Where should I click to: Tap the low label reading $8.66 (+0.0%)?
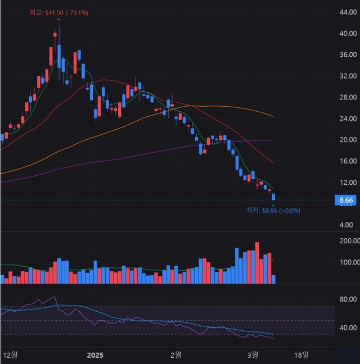click(273, 211)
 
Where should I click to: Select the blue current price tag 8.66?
click(346, 200)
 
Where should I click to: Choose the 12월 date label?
click(10, 355)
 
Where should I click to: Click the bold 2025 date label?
click(95, 355)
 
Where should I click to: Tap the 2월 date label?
click(175, 355)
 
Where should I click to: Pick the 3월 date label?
click(253, 355)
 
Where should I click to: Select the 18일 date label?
click(301, 355)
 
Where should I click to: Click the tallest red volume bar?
click(257, 263)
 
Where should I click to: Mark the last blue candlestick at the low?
click(273, 197)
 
